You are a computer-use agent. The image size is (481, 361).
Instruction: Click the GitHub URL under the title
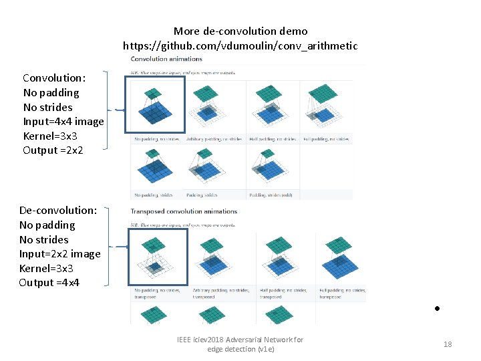click(240, 46)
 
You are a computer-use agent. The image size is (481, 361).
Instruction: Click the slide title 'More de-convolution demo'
click(240, 31)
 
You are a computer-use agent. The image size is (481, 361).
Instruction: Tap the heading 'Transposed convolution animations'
click(184, 211)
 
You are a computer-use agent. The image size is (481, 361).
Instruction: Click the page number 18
click(448, 344)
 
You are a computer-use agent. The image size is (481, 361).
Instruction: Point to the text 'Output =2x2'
click(53, 150)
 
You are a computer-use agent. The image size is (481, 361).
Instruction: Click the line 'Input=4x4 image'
click(63, 121)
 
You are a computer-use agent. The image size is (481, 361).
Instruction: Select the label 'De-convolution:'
click(58, 210)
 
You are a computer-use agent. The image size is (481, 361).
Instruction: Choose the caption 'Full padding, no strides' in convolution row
click(327, 139)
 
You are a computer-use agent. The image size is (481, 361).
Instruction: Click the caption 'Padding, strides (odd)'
click(271, 195)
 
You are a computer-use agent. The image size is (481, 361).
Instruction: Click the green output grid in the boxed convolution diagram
click(153, 93)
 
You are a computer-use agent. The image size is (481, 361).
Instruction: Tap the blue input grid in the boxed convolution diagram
click(154, 115)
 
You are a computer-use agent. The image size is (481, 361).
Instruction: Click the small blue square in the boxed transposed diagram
click(155, 268)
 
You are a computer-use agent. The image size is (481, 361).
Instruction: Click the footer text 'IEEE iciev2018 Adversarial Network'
click(240, 340)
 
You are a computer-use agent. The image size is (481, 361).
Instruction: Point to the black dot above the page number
click(436, 310)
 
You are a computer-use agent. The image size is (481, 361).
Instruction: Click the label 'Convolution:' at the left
click(54, 78)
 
